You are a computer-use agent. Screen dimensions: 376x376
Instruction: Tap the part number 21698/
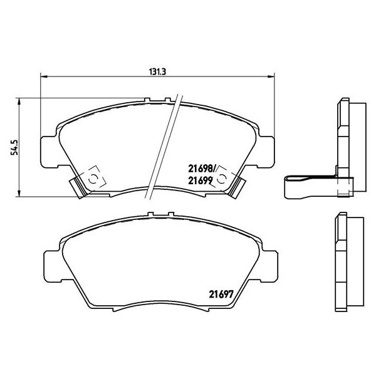202,168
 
